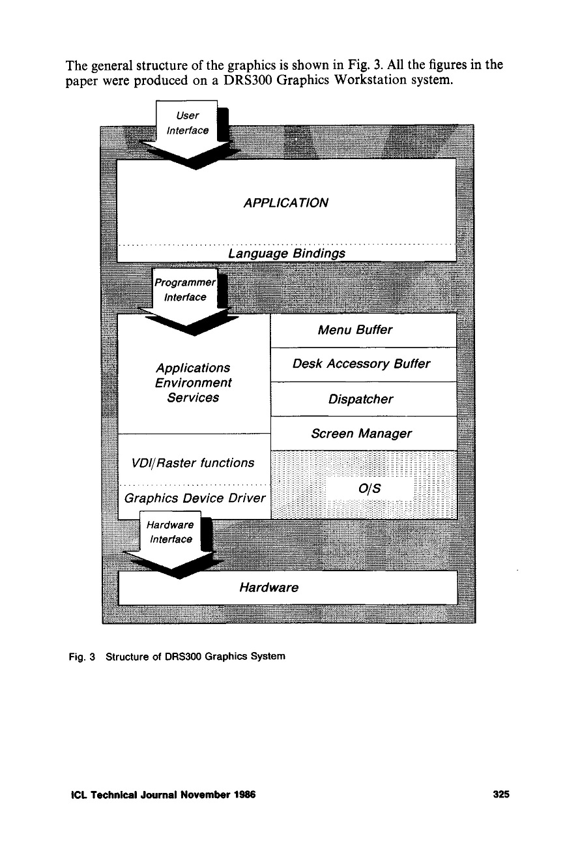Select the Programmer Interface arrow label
pos(184,290)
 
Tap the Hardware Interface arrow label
pos(171,532)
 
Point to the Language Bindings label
pos(285,252)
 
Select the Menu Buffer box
pos(364,330)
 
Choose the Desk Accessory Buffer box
pos(364,364)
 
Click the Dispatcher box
pos(364,399)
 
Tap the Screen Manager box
pos(364,434)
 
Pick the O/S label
pos(370,488)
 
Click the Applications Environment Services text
pos(193,383)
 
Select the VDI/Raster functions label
pos(193,463)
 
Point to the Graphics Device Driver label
pos(194,499)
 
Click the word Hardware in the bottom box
pos(268,588)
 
